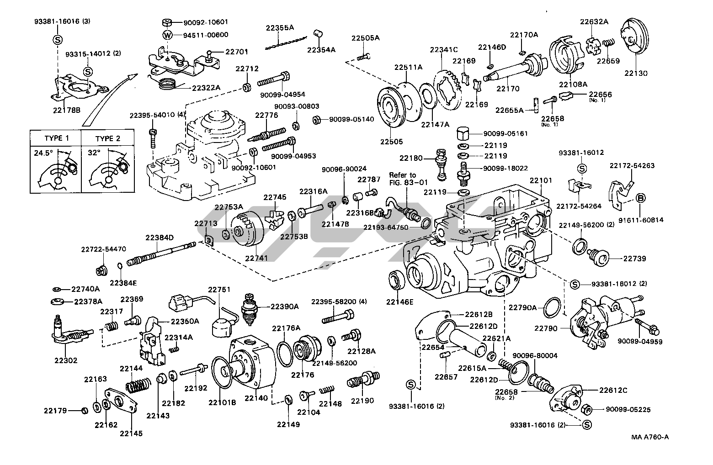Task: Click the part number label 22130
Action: [636, 73]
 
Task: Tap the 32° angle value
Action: [94, 153]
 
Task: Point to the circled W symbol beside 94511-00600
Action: [168, 35]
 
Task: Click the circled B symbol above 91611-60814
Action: [641, 198]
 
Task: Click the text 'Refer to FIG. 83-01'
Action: [402, 179]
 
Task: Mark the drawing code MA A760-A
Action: [650, 437]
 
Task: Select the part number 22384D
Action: [160, 238]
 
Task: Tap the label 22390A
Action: [284, 306]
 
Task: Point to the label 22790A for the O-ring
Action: [523, 307]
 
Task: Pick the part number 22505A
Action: [365, 38]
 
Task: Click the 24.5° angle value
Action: [43, 153]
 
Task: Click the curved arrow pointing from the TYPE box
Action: [110, 98]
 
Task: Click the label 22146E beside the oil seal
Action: [399, 301]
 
